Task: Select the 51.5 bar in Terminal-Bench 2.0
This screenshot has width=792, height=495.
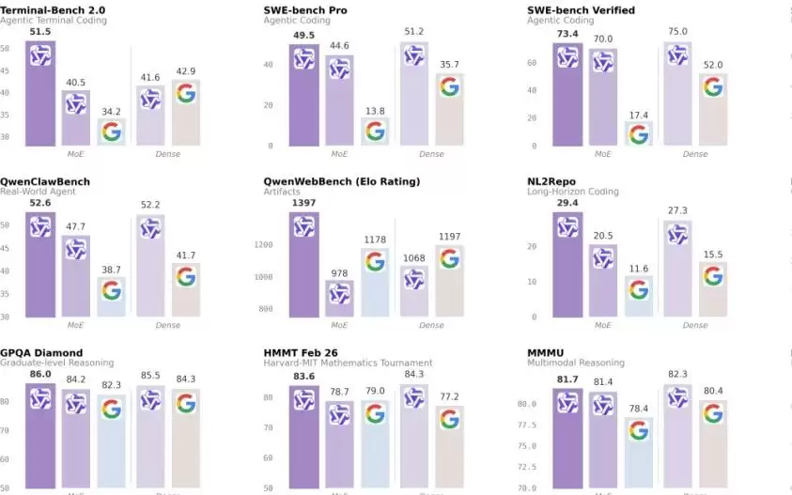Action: pos(39,94)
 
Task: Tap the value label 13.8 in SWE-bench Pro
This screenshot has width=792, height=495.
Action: pos(375,111)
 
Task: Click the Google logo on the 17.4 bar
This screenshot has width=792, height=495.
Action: pos(639,134)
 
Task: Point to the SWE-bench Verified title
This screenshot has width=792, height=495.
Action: pos(581,10)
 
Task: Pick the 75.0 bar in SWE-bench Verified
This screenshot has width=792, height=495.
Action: pos(676,94)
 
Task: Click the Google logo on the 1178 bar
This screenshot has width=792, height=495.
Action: pos(375,261)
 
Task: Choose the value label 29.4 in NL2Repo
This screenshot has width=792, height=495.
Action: pos(567,202)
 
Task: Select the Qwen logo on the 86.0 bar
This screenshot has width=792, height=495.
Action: pos(39,399)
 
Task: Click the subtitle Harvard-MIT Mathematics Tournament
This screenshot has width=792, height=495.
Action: pos(348,363)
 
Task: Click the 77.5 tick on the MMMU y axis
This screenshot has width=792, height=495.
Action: pos(526,425)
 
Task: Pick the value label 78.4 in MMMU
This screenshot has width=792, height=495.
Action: pos(639,407)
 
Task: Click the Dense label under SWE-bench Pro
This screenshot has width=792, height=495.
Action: pos(431,154)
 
